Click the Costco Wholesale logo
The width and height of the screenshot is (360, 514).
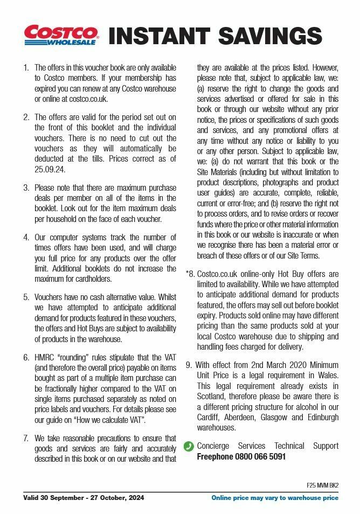(60, 35)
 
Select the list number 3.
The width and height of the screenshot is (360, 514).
(26, 188)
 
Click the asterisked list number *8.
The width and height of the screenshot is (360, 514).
(190, 274)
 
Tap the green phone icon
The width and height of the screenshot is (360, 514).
(189, 447)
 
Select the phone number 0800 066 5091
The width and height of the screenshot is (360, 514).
(260, 456)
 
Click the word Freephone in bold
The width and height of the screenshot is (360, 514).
(215, 456)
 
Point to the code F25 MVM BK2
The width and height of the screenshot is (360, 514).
(322, 485)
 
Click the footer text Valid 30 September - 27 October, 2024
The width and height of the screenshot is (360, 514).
(84, 498)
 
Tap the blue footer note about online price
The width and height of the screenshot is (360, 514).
(275, 498)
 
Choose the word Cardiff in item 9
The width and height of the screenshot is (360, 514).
(211, 418)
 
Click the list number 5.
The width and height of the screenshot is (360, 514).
(26, 297)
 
